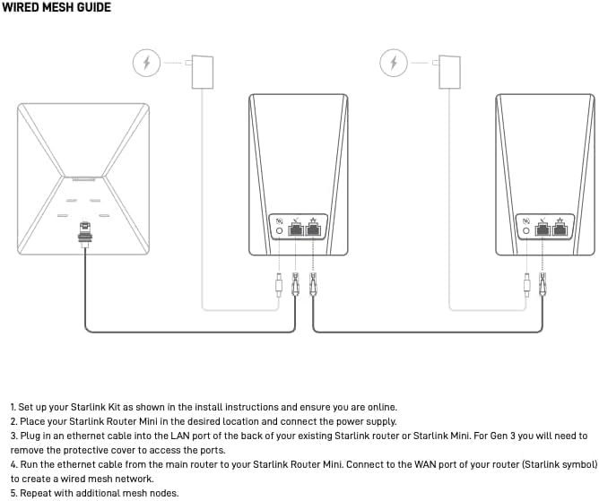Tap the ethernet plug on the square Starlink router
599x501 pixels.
pos(85,231)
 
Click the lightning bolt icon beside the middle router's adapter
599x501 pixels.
pos(148,64)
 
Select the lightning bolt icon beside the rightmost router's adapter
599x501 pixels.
pos(394,64)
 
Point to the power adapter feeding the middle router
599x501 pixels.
pos(204,71)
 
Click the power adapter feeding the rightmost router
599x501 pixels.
pos(450,71)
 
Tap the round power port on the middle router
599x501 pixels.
pos(279,230)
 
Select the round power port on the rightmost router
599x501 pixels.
pos(526,230)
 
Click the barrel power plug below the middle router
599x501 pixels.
pos(280,286)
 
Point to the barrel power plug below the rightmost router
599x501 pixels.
pos(526,286)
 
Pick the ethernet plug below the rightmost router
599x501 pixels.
pos(543,286)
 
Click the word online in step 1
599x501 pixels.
pos(380,407)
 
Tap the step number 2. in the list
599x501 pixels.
pos(13,421)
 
